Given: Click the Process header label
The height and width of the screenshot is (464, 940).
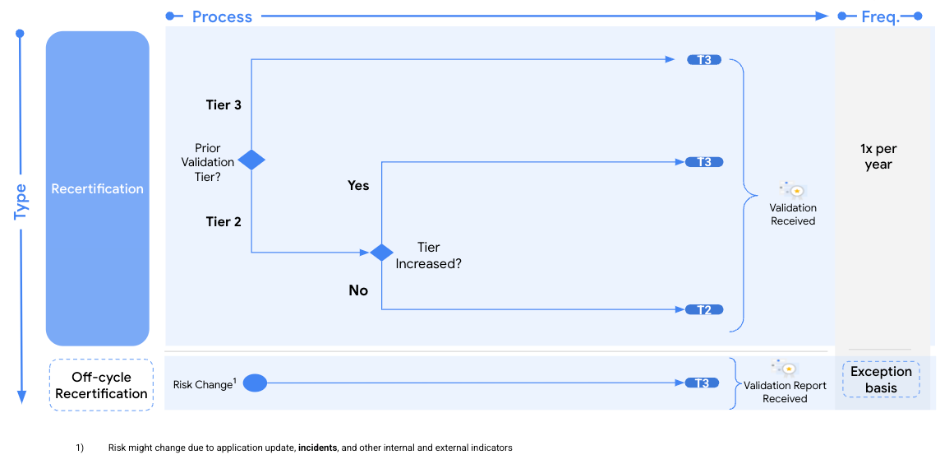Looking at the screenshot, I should [x=222, y=16].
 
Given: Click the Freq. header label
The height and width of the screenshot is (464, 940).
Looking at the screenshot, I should [x=880, y=16].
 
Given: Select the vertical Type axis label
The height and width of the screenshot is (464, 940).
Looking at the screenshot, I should [x=21, y=201].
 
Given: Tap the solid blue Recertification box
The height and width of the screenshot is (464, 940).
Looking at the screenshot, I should [x=98, y=188].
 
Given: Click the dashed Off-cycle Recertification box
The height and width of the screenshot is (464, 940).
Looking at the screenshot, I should [x=101, y=385].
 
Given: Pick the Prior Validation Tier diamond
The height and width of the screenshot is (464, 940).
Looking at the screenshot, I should [x=251, y=160].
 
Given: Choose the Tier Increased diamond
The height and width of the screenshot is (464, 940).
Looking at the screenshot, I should [x=381, y=253].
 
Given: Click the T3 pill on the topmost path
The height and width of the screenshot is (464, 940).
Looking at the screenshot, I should [x=704, y=60].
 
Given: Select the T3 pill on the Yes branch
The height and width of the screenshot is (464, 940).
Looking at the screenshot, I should [x=704, y=162].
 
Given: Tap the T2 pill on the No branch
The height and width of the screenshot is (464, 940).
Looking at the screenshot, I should [x=704, y=309].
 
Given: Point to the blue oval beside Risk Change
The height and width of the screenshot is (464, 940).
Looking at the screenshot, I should [x=256, y=383].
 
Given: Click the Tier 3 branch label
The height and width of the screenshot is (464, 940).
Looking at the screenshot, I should [x=223, y=105].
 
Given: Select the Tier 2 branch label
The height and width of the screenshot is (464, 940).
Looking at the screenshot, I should [x=223, y=221].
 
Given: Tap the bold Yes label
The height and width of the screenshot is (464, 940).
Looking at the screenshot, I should [x=358, y=185].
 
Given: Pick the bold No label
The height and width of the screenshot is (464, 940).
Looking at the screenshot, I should [x=358, y=290].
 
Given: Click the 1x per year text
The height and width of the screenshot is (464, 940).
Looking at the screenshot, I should [x=878, y=156].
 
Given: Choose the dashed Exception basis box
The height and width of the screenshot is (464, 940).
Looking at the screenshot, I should [x=881, y=379].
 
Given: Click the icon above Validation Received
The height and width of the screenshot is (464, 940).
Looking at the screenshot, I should [x=792, y=189].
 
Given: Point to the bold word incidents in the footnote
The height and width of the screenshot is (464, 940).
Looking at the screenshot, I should [x=317, y=448].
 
